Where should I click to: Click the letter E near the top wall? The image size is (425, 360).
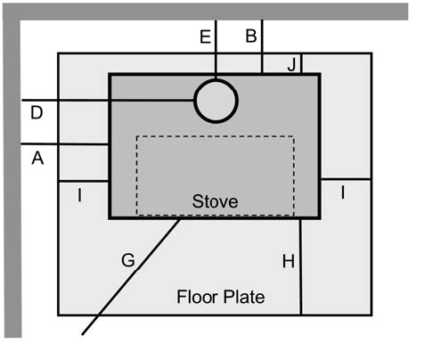[x=205, y=37]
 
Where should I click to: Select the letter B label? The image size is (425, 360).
[x=251, y=36]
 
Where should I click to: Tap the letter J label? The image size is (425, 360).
[x=291, y=65]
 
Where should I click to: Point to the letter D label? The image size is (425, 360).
[x=37, y=113]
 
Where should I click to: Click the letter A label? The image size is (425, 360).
[x=37, y=158]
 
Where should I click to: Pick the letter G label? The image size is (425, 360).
[x=128, y=260]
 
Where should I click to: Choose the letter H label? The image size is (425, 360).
[x=289, y=262]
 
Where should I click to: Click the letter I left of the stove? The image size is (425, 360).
[x=79, y=195]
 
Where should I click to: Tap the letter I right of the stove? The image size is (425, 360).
[x=343, y=192]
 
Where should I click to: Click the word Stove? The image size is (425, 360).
[x=215, y=201]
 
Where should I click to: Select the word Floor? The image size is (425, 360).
[x=195, y=297]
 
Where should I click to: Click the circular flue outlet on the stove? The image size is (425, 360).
[x=216, y=79]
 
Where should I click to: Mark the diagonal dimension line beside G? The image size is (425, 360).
[x=131, y=277]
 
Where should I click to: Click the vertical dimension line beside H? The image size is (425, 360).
[x=300, y=266]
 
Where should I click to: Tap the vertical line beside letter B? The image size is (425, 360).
[x=262, y=46]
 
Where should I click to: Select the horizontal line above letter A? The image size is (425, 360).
[x=65, y=144]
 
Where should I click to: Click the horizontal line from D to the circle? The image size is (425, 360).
[x=108, y=101]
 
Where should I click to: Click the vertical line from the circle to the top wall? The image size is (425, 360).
[x=216, y=50]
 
